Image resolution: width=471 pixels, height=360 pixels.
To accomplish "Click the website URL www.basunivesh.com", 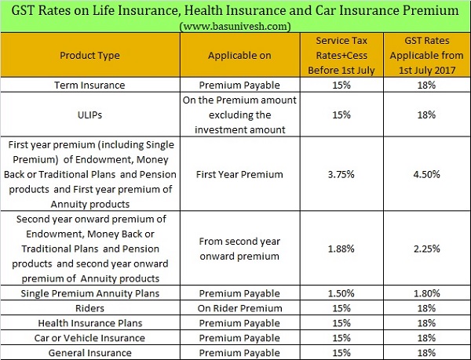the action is click(x=235, y=26).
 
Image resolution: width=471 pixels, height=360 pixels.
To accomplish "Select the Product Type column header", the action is click(x=89, y=56).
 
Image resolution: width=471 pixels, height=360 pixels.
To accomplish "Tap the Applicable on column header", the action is click(x=239, y=56).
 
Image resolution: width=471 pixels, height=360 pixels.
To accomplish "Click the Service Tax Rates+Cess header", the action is click(x=341, y=56).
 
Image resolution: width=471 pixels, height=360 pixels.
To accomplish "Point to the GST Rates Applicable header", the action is click(x=427, y=56).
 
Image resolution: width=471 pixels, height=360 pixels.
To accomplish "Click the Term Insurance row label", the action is click(x=89, y=85).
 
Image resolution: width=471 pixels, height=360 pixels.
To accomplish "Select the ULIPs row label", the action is click(x=89, y=115).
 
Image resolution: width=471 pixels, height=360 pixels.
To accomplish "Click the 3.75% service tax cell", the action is click(x=341, y=174).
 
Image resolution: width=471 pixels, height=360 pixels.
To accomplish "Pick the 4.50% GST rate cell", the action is click(x=426, y=174).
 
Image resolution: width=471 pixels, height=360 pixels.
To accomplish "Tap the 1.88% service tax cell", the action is click(x=341, y=249).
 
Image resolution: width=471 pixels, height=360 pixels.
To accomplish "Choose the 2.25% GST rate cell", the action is click(x=426, y=249).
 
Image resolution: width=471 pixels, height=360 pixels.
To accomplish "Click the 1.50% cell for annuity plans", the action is click(x=341, y=293).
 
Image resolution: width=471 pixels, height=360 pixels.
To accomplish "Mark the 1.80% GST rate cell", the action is click(x=426, y=293).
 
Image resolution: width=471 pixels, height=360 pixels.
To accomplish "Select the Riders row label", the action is click(x=89, y=308).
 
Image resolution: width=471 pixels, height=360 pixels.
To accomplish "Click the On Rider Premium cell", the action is click(x=239, y=308).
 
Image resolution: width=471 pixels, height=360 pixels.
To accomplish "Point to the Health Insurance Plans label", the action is click(x=89, y=323).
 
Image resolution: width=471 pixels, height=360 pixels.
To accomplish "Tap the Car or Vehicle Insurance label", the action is click(x=89, y=338).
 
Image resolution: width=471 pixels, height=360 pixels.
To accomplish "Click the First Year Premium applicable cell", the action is click(x=239, y=174).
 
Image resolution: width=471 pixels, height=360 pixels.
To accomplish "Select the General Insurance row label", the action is click(x=89, y=353).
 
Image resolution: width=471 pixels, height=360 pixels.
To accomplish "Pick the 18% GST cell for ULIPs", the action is click(x=426, y=115).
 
